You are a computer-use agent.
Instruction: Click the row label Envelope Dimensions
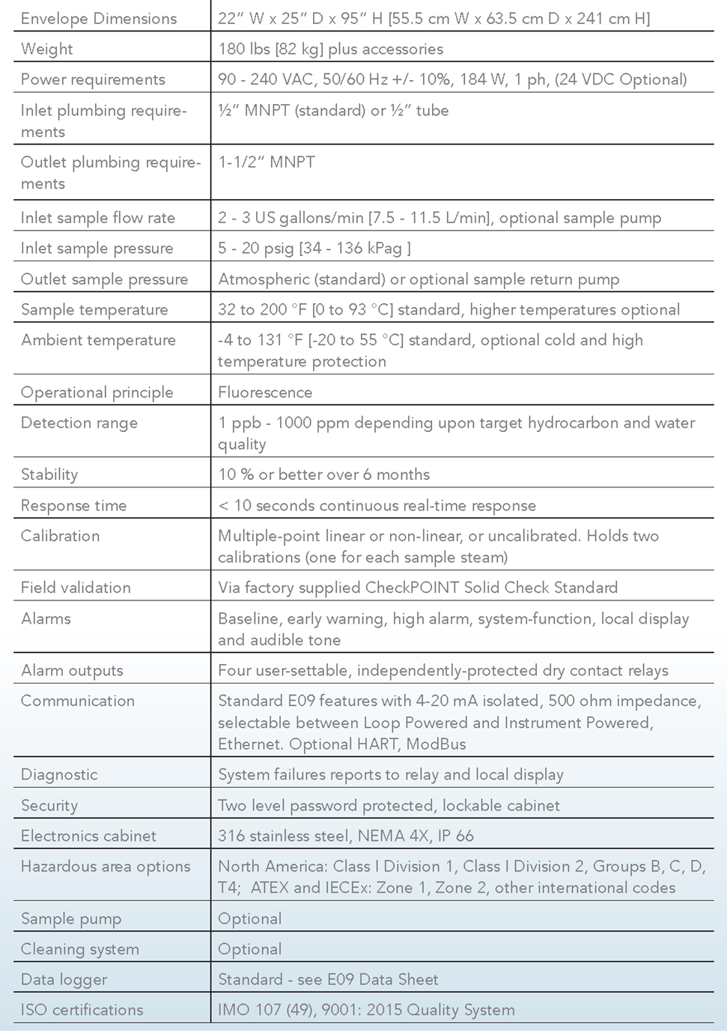(x=99, y=19)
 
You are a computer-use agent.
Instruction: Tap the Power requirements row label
(x=93, y=79)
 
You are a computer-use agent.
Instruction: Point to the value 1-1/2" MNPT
(x=267, y=162)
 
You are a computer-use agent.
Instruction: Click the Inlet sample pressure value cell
(x=314, y=249)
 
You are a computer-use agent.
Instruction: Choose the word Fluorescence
(x=265, y=392)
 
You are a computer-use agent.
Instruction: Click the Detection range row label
(x=79, y=423)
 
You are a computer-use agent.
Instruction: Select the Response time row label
(x=73, y=505)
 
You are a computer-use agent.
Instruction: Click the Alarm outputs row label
(x=72, y=671)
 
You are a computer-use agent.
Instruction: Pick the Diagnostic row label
(x=59, y=775)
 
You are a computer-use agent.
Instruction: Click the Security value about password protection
(x=389, y=806)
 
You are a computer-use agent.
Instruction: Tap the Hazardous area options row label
(x=106, y=867)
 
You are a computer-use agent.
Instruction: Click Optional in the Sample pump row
(x=250, y=919)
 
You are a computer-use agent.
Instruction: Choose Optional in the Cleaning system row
(x=250, y=949)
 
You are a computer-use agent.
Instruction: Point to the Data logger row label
(x=64, y=979)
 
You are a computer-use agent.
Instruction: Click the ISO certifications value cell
(x=366, y=1010)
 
